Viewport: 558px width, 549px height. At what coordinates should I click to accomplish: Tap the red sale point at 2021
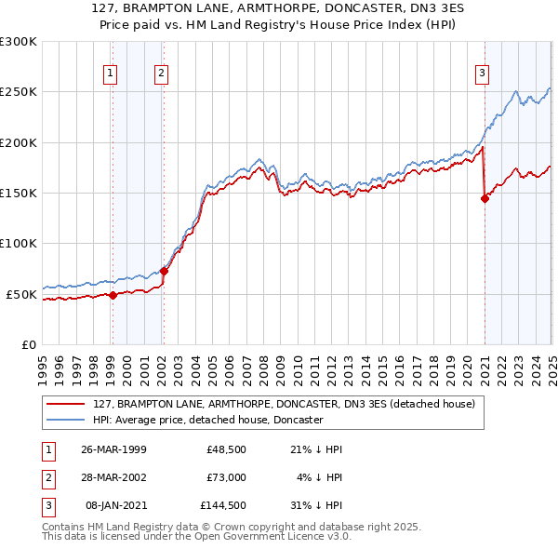(485, 197)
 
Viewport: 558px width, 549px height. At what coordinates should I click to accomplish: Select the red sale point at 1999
(113, 295)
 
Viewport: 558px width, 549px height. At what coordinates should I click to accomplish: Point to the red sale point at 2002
(164, 271)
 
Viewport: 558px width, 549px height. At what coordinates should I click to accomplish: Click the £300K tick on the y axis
(19, 42)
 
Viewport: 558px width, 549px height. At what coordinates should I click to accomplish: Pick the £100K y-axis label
(19, 243)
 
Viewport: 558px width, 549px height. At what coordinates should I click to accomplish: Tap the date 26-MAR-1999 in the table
(113, 449)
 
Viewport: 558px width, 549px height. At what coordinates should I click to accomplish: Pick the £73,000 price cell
(225, 477)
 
